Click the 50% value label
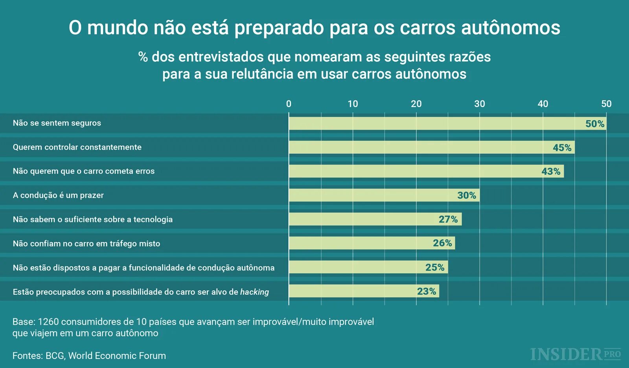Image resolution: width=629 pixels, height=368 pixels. [x=594, y=124]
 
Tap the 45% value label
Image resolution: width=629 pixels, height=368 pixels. [x=562, y=148]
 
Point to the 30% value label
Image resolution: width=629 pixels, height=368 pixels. [x=466, y=195]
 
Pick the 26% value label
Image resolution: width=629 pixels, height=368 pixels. [x=442, y=243]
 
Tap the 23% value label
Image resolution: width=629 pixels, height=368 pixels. [x=427, y=291]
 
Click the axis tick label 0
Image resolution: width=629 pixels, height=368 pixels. [x=289, y=104]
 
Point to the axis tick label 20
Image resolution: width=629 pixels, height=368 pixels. [x=416, y=104]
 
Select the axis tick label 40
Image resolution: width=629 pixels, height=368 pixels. [x=543, y=104]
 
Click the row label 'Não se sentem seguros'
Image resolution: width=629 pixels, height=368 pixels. [x=57, y=123]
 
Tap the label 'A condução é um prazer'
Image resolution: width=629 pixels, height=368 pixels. [x=58, y=195]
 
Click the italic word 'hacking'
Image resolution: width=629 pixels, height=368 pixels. [x=254, y=292]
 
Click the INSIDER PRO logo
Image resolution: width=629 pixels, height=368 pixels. [x=575, y=354]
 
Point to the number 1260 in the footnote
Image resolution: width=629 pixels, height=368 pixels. [x=48, y=322]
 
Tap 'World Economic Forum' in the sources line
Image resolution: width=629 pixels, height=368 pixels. [x=117, y=356]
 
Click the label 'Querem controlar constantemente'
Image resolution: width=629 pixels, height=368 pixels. [x=77, y=147]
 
